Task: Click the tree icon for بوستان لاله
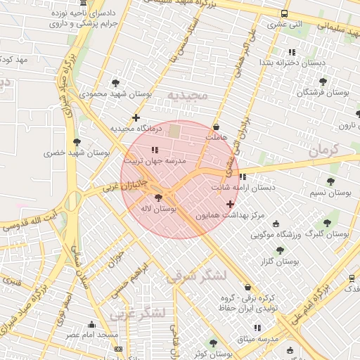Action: point(157,198)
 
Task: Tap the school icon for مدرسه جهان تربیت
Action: point(155,150)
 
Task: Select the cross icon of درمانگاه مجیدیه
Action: point(136,117)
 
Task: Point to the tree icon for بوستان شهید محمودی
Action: point(124,82)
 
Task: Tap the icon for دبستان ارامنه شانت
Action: point(243,176)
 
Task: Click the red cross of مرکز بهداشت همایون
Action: point(230,204)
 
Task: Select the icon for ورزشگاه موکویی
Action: point(276,223)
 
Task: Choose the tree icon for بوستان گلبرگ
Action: point(327,222)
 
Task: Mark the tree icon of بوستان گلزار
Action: point(280,250)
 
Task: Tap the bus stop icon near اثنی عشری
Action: point(284,14)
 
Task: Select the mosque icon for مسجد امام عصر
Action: point(91,324)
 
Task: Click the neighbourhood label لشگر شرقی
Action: point(196,276)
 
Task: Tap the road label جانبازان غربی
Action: point(122,186)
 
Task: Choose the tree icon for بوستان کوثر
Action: point(213,343)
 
